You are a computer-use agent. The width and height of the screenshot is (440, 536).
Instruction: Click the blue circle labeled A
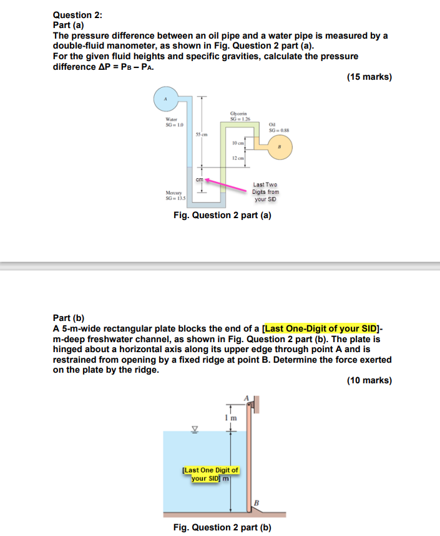pyautogui.click(x=165, y=100)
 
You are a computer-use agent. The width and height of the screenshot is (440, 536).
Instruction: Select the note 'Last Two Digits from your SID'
pyautogui.click(x=265, y=192)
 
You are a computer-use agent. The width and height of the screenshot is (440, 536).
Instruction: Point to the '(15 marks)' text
pyautogui.click(x=369, y=77)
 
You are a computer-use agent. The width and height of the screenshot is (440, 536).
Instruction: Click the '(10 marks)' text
pyautogui.click(x=369, y=381)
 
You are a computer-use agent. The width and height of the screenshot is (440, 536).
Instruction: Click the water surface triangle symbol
pyautogui.click(x=194, y=429)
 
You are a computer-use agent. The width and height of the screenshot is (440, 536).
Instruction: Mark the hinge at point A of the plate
pyautogui.click(x=254, y=405)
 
